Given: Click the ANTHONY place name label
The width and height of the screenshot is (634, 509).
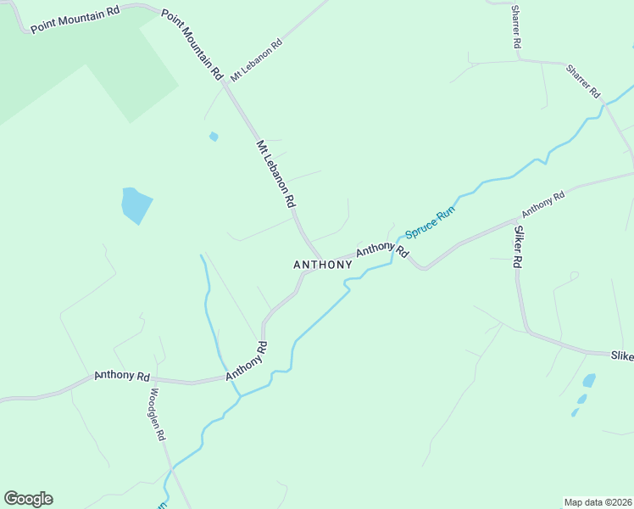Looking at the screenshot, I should (x=322, y=265).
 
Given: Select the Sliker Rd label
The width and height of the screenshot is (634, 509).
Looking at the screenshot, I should (x=516, y=247).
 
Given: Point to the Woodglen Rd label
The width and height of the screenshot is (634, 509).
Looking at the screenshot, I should (x=158, y=414).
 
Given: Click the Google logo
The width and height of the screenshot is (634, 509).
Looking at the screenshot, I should (x=28, y=499).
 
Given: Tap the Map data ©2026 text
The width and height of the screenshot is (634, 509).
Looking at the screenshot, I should (x=598, y=501).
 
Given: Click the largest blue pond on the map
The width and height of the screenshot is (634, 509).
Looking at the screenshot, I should (x=136, y=205).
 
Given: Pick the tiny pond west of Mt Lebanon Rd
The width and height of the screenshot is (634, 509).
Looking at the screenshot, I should (x=214, y=136).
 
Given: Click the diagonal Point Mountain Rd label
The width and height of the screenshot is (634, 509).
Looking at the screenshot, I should (x=192, y=44).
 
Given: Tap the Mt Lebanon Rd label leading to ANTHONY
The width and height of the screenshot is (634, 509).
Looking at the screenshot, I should (x=276, y=174).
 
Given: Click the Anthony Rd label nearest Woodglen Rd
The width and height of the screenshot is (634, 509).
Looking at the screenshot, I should (x=122, y=375).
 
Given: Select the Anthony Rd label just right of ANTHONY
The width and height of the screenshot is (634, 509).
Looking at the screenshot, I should (x=382, y=250).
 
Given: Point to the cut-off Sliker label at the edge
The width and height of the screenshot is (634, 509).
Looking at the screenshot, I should (x=621, y=356).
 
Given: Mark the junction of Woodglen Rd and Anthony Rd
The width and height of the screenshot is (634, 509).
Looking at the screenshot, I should (x=150, y=379).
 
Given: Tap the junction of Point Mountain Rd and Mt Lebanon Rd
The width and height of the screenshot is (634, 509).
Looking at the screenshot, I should (x=225, y=83).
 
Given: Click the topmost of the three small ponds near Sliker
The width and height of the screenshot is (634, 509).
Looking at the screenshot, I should (x=589, y=380).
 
